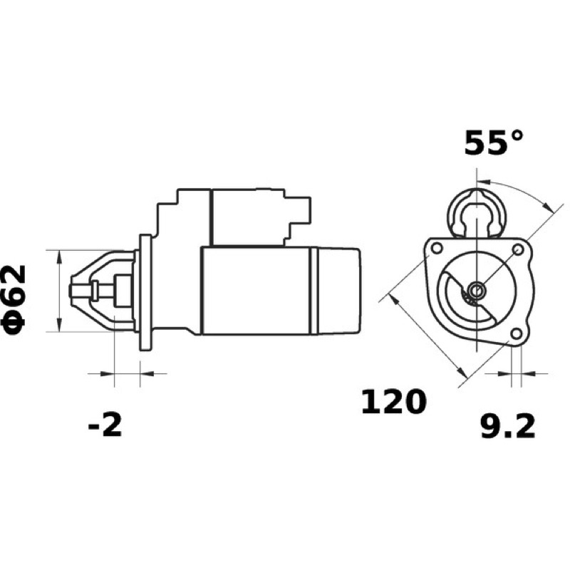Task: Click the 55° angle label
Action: (x=494, y=143)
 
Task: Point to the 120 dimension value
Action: (x=393, y=401)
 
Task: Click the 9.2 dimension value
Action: (x=508, y=427)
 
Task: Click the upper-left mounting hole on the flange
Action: (x=437, y=248)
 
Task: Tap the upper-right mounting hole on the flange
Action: (x=518, y=249)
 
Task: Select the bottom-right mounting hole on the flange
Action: (x=516, y=333)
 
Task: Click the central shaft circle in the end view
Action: (x=476, y=291)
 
